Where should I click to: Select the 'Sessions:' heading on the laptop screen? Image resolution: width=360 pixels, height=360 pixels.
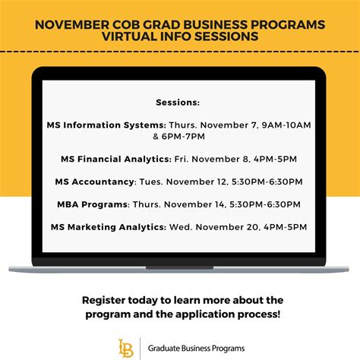point(178,101)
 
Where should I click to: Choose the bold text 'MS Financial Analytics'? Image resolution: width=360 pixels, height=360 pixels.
point(113,159)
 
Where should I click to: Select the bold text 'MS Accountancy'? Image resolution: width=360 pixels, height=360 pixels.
point(95,182)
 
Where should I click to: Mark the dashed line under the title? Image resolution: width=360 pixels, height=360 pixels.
point(180,51)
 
